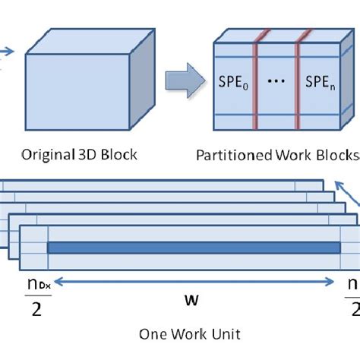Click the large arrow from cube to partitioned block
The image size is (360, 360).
tap(188, 78)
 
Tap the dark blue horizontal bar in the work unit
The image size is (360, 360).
tap(194, 248)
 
